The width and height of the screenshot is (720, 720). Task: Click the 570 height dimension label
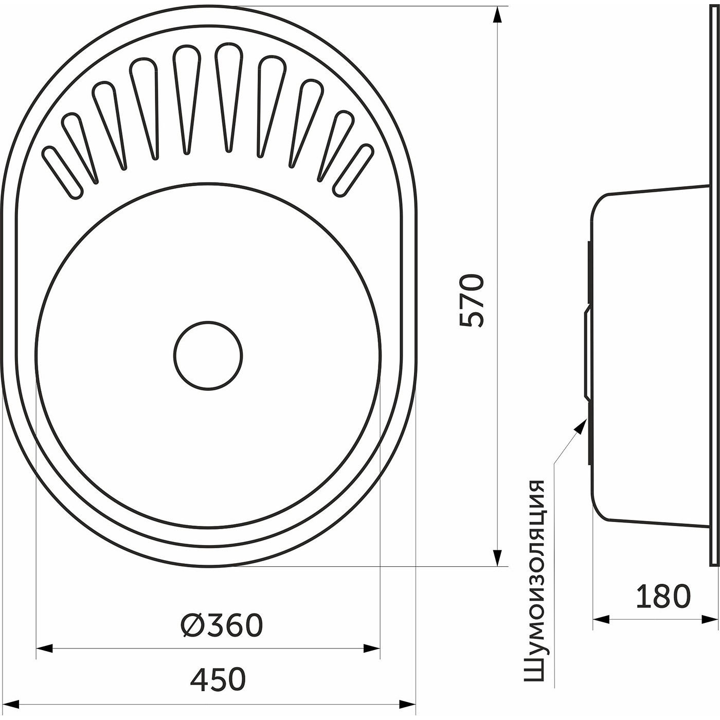[472, 301]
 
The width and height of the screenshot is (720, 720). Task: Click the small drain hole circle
[208, 355]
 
